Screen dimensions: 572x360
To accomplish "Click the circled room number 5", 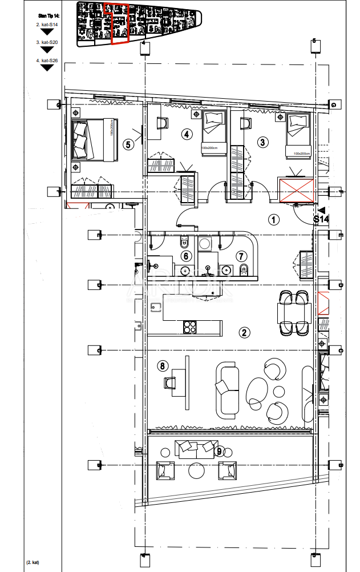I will coord(128,144).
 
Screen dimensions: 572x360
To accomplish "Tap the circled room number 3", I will coord(262,142).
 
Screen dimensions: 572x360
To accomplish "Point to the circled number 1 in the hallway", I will coord(273,219).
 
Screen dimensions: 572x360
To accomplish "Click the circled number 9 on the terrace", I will coord(219,452).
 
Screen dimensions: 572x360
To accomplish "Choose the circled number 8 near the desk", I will coord(163,366).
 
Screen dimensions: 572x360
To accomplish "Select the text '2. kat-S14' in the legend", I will coord(46,25).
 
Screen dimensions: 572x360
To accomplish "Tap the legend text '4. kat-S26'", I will coord(46,60).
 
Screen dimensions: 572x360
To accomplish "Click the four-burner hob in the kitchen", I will coord(189,327).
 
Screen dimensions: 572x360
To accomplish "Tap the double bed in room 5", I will coord(94,139).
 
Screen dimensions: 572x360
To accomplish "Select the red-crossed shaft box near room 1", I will coord(295,190).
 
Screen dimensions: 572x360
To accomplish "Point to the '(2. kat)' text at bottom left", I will coord(33,563).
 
